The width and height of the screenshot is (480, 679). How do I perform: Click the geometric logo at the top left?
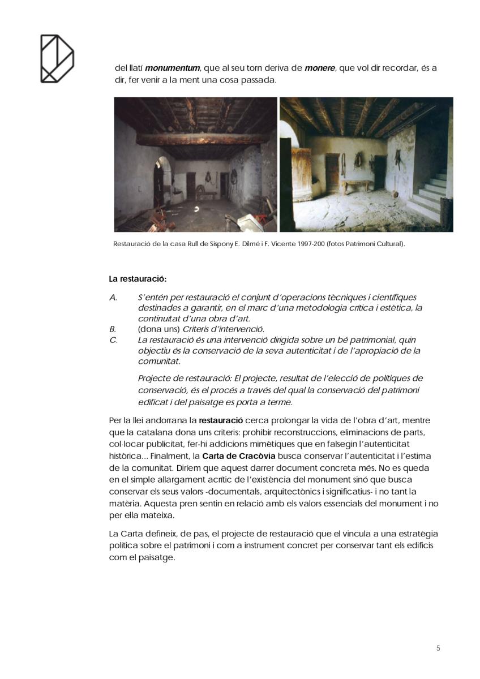click(x=57, y=58)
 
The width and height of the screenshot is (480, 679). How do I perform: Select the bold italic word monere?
click(x=320, y=68)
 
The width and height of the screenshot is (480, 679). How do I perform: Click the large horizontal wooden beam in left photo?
click(x=195, y=139)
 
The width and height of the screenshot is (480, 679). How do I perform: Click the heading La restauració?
click(x=138, y=279)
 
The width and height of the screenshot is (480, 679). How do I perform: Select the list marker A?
click(x=113, y=297)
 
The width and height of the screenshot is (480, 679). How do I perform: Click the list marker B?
click(x=113, y=329)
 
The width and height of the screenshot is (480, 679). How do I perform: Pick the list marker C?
click(x=113, y=340)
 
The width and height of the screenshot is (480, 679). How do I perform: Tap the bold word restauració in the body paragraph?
click(x=221, y=420)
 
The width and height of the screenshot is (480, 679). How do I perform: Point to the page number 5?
click(x=438, y=648)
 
